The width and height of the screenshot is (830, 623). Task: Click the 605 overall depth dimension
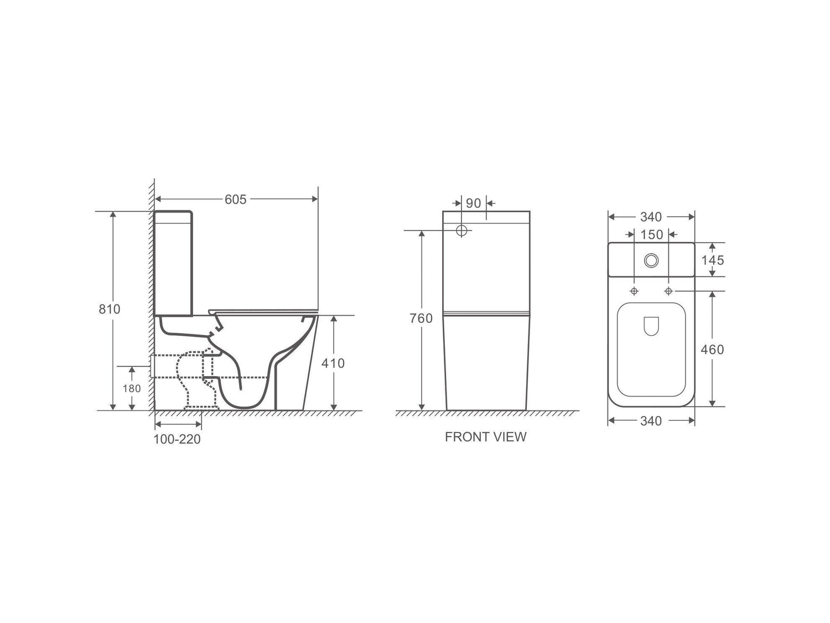[x=235, y=199]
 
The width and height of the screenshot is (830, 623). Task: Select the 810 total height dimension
[x=109, y=309]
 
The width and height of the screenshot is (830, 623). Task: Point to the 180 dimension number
[x=131, y=388]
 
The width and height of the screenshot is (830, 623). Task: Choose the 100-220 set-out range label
[x=177, y=439]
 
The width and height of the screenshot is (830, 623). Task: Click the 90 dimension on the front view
[x=473, y=203]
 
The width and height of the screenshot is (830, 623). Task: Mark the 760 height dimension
[x=422, y=318]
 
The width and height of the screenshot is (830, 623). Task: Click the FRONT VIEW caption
[x=485, y=437]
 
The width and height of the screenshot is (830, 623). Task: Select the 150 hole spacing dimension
[x=651, y=235]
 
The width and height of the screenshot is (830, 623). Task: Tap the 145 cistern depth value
[x=712, y=260]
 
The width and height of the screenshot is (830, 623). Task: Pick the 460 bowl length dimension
[x=712, y=349]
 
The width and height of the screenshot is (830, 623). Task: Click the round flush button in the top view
[x=651, y=259]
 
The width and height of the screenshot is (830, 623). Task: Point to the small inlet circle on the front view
[x=461, y=230]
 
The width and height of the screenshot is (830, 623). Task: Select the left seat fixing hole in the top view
[x=634, y=291]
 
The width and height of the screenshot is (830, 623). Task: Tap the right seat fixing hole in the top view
[x=668, y=291]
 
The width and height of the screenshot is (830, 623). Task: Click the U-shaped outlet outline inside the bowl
[x=651, y=327]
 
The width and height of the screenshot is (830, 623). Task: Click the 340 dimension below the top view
[x=651, y=421]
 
